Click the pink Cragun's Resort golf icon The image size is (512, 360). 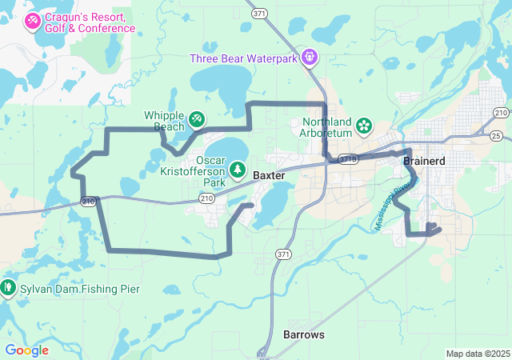click(x=33, y=21)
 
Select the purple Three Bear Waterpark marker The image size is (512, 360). click(x=310, y=58)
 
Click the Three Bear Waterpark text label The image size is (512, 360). click(x=242, y=58)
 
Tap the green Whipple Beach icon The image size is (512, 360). click(x=196, y=118)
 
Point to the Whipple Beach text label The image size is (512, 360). click(x=164, y=121)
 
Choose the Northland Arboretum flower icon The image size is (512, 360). click(x=364, y=125)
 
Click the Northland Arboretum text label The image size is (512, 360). click(x=327, y=127)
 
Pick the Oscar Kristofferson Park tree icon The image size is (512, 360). click(x=238, y=170)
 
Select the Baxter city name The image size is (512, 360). click(x=269, y=174)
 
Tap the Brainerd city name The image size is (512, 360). click(x=424, y=161)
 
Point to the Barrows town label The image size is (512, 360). click(x=304, y=334)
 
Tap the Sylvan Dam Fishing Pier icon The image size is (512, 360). click(x=7, y=286)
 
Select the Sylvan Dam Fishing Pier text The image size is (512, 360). click(x=65, y=287)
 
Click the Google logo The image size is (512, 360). click(x=26, y=350)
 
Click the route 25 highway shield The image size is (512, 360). click(x=496, y=136)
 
